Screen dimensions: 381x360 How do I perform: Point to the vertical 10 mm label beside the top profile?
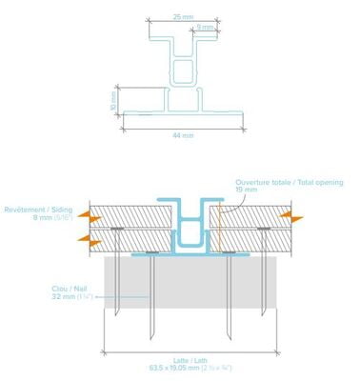point(112,99)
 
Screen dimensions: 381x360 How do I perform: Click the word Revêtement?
point(24,209)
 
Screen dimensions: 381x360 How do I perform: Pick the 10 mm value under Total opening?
point(246,190)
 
